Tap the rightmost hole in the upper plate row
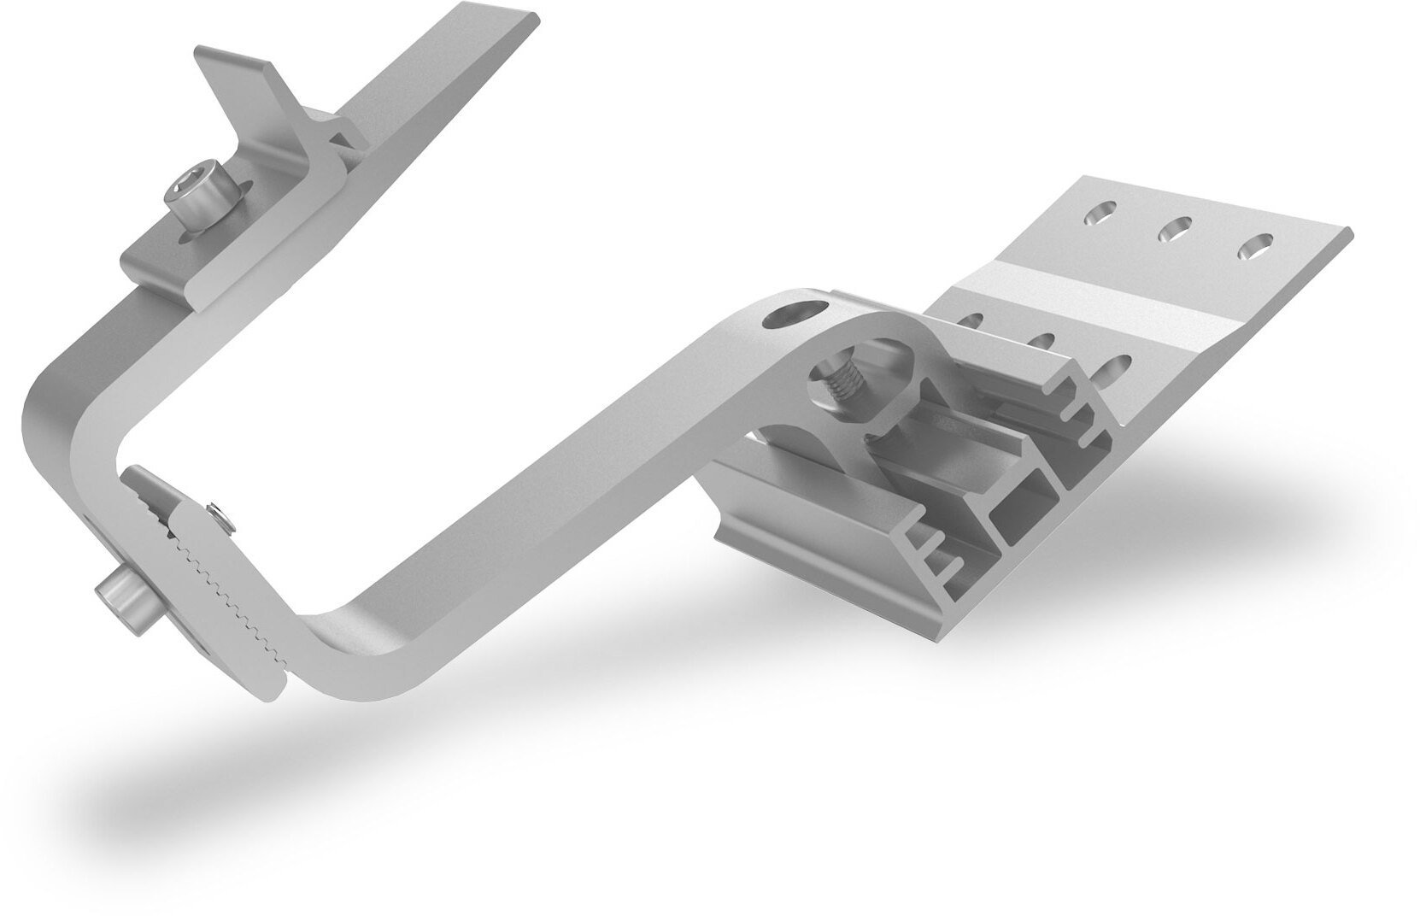coord(1253,248)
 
